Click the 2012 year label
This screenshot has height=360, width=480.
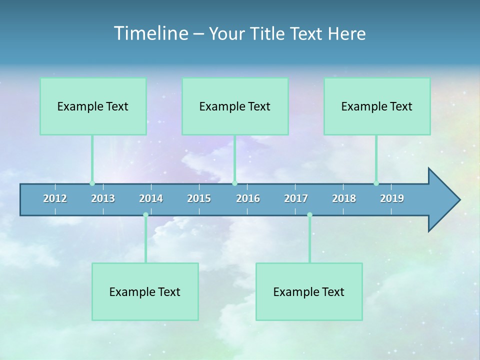pos(55,198)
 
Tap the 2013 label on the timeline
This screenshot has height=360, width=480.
pos(103,198)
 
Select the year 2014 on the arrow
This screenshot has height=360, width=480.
pos(151,198)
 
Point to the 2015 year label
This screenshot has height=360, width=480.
pos(199,198)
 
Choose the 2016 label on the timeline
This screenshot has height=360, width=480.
pos(248,198)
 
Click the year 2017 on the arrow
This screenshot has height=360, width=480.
pos(296,198)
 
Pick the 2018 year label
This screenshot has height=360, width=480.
pos(344,198)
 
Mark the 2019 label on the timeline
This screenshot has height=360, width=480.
pos(392,198)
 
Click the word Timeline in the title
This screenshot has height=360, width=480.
pos(150,33)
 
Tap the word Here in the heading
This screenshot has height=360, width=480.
pos(346,34)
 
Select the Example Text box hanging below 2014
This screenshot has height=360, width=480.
pos(145,291)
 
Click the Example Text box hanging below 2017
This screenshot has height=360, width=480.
pos(309,291)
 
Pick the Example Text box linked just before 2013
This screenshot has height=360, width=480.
pos(93,106)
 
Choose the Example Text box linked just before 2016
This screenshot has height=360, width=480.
pos(235,106)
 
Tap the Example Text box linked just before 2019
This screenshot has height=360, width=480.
pos(377,106)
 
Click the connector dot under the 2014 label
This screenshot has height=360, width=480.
pos(145,215)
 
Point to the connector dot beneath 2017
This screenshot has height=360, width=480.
pos(309,215)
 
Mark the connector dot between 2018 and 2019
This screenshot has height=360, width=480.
pos(376,183)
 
